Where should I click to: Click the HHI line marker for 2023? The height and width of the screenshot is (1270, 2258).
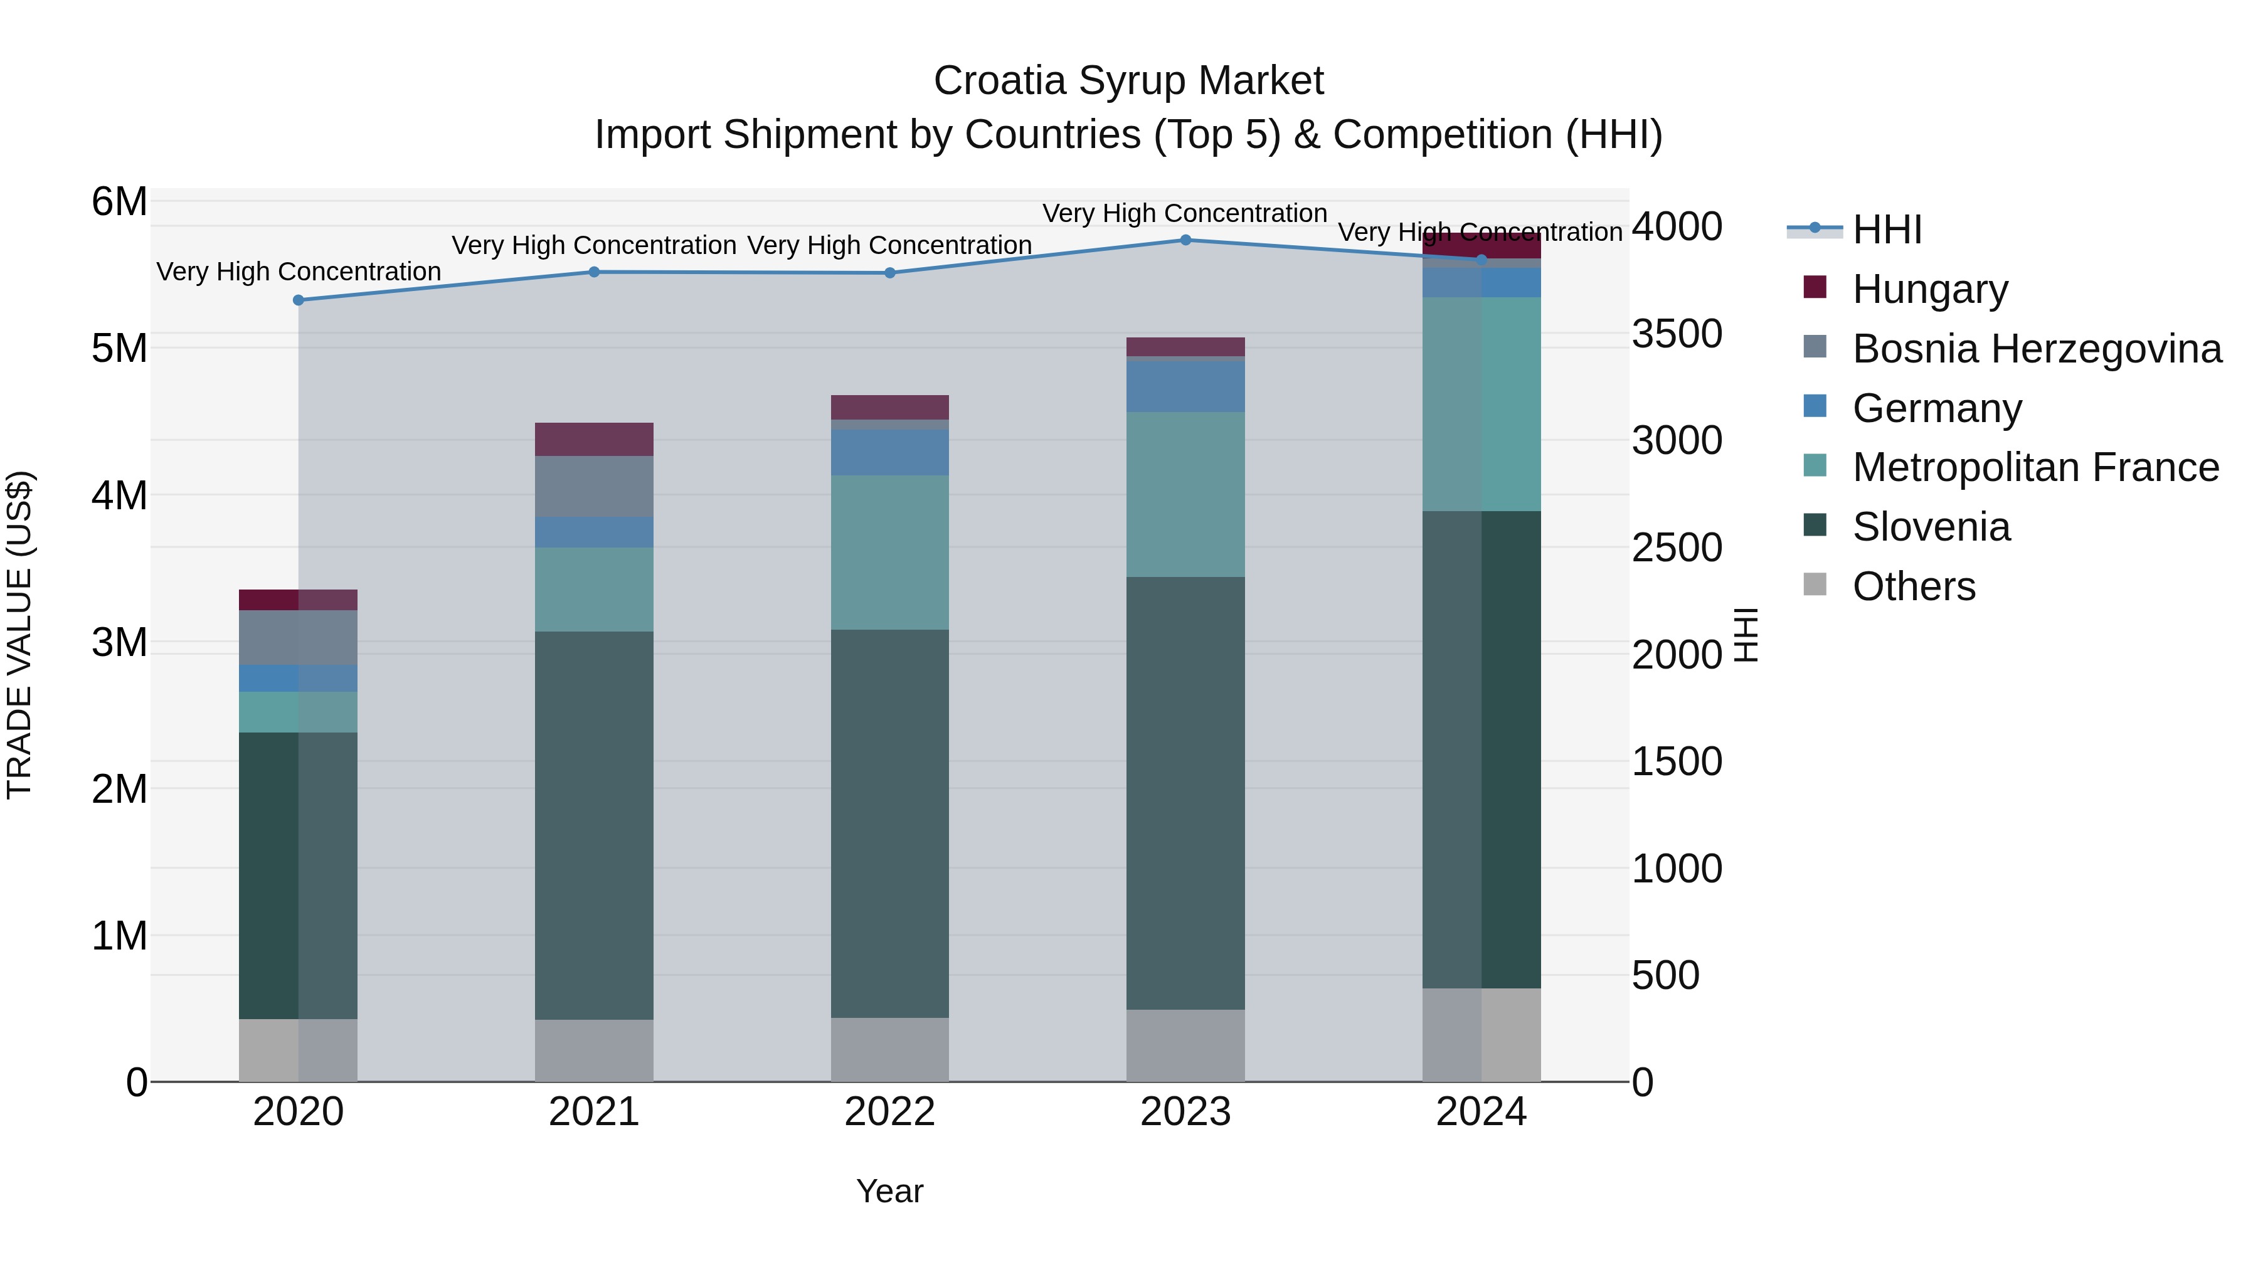click(x=1185, y=240)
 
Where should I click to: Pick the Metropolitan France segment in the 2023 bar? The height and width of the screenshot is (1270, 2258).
click(x=1185, y=494)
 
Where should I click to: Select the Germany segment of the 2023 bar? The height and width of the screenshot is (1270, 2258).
click(x=1185, y=386)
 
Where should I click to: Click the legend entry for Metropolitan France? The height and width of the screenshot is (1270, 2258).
click(x=2033, y=467)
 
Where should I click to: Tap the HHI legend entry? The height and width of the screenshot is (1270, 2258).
click(x=1885, y=229)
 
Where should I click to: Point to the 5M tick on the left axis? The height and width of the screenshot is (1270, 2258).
click(x=119, y=348)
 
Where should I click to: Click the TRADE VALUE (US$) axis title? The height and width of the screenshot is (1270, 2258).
click(x=19, y=635)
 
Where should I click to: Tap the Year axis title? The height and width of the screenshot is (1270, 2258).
click(x=889, y=1191)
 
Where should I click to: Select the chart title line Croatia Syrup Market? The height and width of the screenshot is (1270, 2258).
click(x=1128, y=81)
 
